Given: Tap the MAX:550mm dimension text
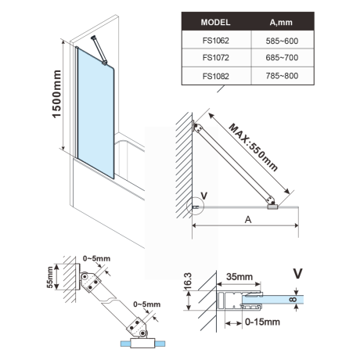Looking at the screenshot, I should tap(254, 146).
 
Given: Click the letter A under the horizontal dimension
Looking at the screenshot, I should tap(247, 221).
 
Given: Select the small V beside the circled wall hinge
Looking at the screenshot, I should tap(203, 196).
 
